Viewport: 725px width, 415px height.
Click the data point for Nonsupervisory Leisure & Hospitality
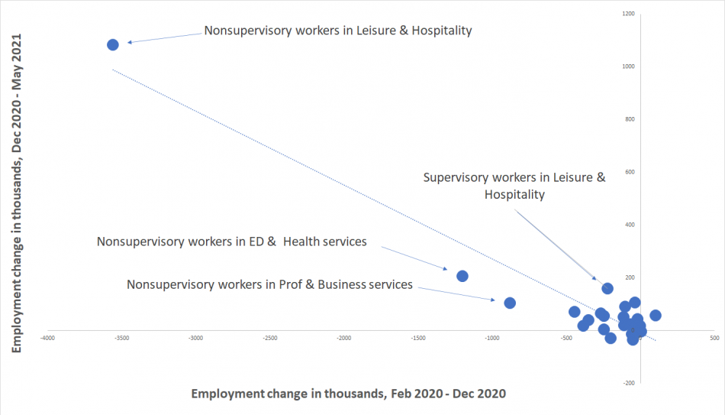pos(113,44)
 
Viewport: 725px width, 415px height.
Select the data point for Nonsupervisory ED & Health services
pos(462,276)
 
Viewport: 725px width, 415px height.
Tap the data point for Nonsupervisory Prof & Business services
pos(510,303)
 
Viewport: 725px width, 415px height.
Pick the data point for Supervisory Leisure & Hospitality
pos(607,288)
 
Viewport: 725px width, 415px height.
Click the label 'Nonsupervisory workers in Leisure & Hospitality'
pos(338,31)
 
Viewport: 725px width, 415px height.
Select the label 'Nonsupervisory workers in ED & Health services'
pos(232,242)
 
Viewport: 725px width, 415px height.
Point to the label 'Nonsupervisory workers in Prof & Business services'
pos(269,284)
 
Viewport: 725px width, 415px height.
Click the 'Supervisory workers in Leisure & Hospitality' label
pos(514,186)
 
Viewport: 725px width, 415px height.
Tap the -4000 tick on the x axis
pos(47,337)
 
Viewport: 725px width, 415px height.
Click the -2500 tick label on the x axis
pos(269,337)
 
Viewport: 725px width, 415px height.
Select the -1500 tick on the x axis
pos(417,337)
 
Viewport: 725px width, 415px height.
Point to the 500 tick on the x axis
pos(714,337)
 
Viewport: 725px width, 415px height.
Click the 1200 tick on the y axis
pos(629,14)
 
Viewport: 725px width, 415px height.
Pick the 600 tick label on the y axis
pos(629,172)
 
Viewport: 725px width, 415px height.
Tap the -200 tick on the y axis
pos(629,383)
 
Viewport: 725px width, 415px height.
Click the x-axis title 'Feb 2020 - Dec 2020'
pos(349,394)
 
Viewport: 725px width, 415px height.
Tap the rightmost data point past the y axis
pos(655,315)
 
